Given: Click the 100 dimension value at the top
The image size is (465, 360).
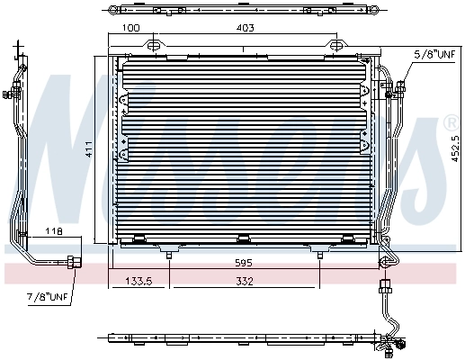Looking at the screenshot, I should [x=131, y=29].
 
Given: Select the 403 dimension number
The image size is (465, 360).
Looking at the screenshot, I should [x=246, y=29].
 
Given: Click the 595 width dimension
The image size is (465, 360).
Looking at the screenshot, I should [x=243, y=263].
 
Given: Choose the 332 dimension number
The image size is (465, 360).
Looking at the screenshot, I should [x=245, y=283].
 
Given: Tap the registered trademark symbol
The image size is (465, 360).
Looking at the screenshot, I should [x=451, y=121].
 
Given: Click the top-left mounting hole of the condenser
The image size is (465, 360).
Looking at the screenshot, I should [x=154, y=45].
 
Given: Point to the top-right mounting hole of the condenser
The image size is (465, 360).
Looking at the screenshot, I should [x=336, y=45].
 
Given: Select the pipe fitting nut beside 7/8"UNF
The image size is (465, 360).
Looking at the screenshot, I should [x=73, y=263].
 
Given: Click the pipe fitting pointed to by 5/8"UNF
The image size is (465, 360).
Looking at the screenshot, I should [x=397, y=87].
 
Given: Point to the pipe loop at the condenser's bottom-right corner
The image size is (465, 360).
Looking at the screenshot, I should [x=385, y=262].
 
